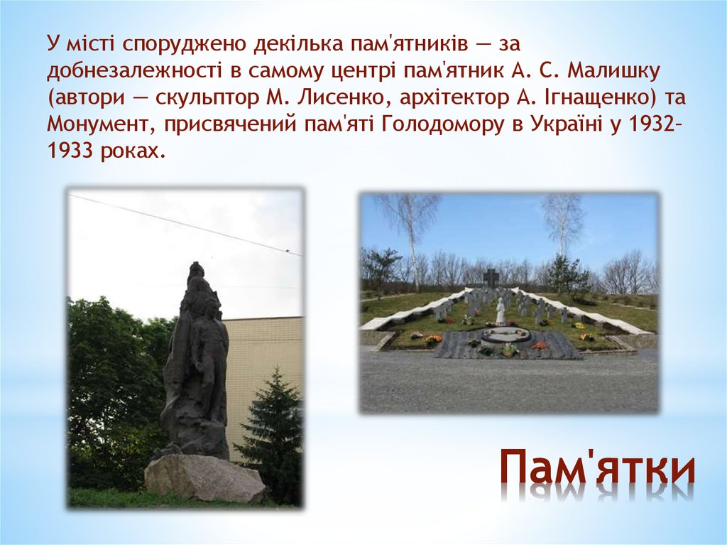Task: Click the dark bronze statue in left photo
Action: pos(194,362)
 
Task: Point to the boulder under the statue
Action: pos(204,477)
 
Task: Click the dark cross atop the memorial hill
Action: pos(491,277)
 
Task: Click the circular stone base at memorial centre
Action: pos(505,334)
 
